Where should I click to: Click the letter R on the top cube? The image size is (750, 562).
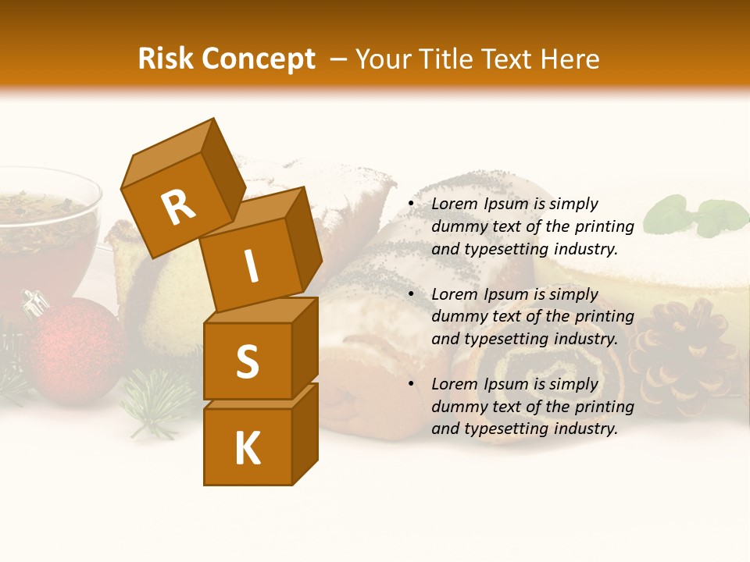(178, 208)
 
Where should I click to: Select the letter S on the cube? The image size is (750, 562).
(247, 361)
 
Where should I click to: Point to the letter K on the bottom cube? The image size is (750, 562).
(247, 449)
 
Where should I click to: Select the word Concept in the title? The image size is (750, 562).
(259, 59)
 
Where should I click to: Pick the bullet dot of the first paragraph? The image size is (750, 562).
(411, 205)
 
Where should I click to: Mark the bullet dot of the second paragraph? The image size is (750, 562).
(411, 295)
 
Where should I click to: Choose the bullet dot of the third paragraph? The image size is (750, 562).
(411, 385)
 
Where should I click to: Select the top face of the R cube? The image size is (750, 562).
(169, 152)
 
